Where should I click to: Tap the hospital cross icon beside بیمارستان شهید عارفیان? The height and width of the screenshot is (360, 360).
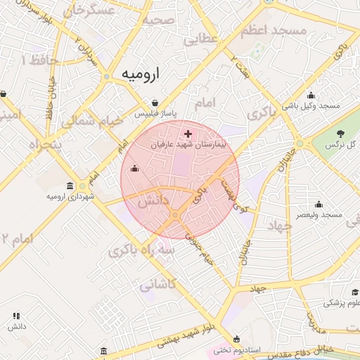(187, 133)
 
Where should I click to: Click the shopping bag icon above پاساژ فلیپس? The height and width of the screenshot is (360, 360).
(155, 102)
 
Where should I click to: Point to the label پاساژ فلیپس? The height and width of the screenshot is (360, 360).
(155, 112)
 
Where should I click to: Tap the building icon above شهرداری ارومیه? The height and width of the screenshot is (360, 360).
(70, 186)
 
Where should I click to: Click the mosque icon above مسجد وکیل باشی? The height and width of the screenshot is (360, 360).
(311, 96)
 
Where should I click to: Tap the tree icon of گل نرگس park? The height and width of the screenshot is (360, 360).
(341, 134)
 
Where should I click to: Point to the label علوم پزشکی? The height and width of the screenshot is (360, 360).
(342, 304)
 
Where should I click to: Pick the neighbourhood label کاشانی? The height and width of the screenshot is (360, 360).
(157, 285)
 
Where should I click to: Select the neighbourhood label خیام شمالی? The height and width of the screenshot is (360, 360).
(92, 121)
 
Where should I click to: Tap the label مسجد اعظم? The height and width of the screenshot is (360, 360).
(274, 31)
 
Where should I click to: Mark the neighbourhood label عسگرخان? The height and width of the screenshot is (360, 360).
(89, 11)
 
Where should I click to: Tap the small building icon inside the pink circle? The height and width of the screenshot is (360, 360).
(135, 168)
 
